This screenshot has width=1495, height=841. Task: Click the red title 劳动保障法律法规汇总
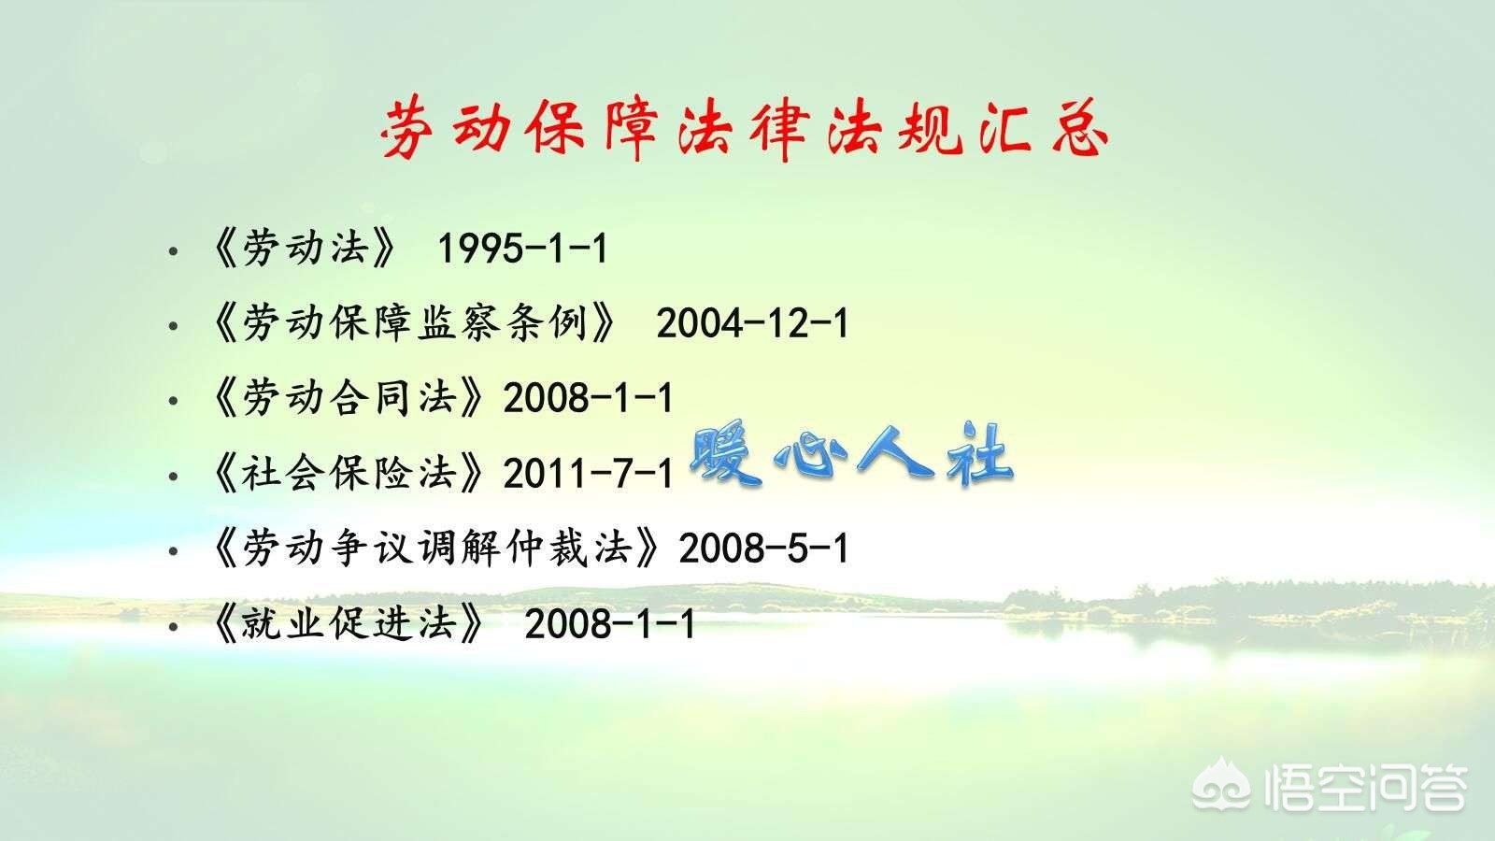[x=746, y=130]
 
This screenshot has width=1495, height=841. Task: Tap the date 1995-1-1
[x=522, y=249]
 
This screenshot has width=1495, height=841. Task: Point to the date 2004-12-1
[x=752, y=324]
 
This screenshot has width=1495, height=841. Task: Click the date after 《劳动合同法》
[x=589, y=399]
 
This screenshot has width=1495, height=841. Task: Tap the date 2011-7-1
[x=589, y=475]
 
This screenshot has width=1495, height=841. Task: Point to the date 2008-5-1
[x=763, y=549]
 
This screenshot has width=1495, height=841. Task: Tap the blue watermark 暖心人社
[x=851, y=456]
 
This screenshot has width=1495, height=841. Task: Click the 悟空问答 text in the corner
[x=1363, y=787]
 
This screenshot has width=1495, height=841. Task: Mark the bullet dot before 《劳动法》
[x=172, y=252]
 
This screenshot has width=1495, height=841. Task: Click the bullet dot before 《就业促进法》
[x=172, y=626]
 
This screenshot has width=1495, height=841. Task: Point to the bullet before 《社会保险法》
[x=172, y=477]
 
